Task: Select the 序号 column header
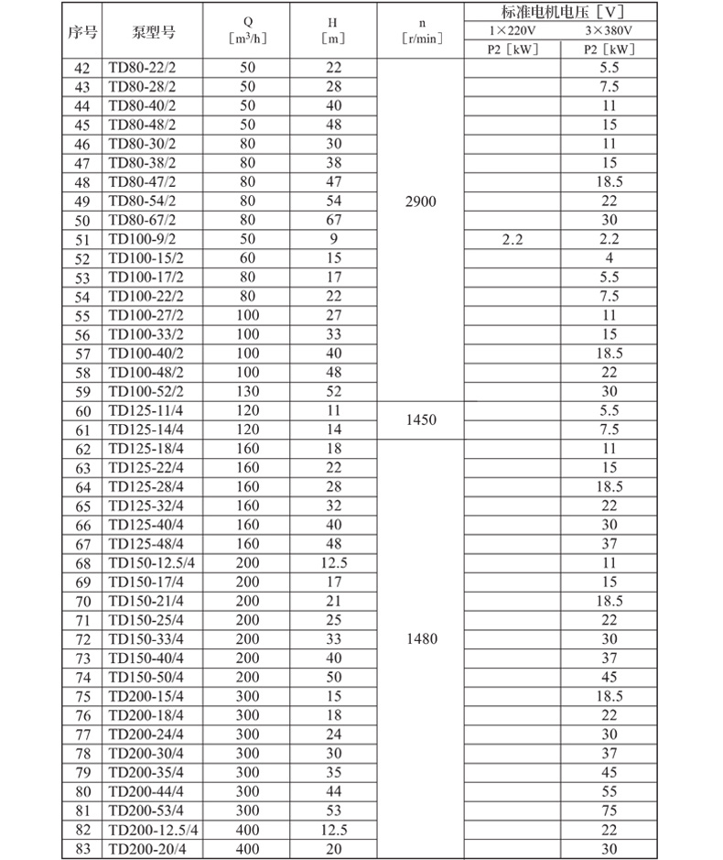81,32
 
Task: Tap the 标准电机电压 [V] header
562,13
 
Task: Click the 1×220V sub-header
513,31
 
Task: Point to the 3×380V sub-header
610,31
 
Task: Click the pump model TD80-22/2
146,68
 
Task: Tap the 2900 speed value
420,201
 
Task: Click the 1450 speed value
420,420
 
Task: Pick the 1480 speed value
420,638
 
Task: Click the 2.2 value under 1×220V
511,239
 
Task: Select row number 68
83,562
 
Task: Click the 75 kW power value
610,810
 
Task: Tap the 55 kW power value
610,790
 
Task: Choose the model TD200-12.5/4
153,829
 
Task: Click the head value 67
332,220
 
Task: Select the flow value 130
247,391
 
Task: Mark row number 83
83,848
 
